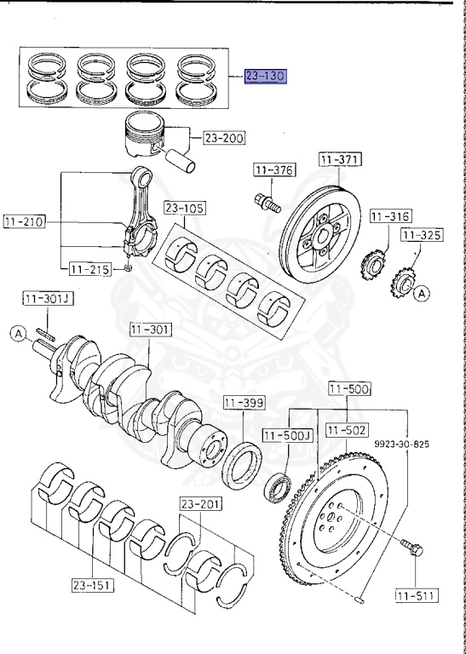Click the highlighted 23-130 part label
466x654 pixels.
pos(266,77)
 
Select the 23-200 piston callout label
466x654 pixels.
pos(224,138)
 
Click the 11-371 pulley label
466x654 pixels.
pos(341,160)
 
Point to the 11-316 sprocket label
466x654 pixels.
pos(391,216)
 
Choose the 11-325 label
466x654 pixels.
pos(423,235)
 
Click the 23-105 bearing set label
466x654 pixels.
pos(185,208)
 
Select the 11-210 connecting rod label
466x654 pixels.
pos(25,222)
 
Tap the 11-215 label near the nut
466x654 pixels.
pos(90,269)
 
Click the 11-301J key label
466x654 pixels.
pos(48,299)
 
